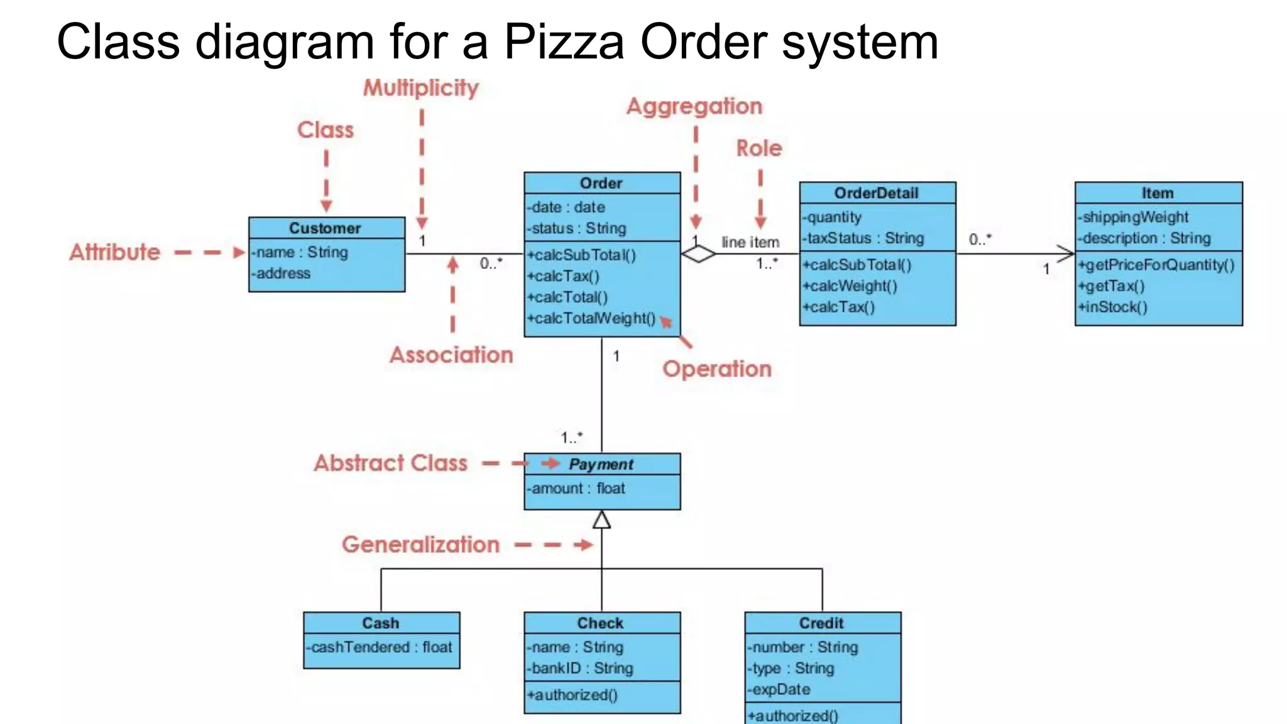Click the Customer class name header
pyautogui.click(x=326, y=228)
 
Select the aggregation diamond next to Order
pyautogui.click(x=698, y=255)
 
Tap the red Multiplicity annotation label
pyautogui.click(x=420, y=88)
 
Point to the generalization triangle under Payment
pyautogui.click(x=601, y=520)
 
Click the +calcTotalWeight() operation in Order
pyautogui.click(x=591, y=319)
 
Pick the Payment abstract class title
pyautogui.click(x=601, y=464)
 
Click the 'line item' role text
pyautogui.click(x=750, y=242)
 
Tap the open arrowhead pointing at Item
pyautogui.click(x=1066, y=254)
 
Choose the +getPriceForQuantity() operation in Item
pyautogui.click(x=1156, y=265)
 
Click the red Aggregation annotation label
pyautogui.click(x=694, y=106)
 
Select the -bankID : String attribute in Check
pyautogui.click(x=579, y=669)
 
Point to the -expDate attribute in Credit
pyautogui.click(x=779, y=689)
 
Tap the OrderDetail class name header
pyautogui.click(x=876, y=193)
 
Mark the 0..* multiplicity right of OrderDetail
pyautogui.click(x=979, y=239)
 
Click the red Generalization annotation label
pyautogui.click(x=420, y=544)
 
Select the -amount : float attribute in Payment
pyautogui.click(x=576, y=488)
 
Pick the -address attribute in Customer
pyautogui.click(x=281, y=273)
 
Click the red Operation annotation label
pyautogui.click(x=716, y=369)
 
